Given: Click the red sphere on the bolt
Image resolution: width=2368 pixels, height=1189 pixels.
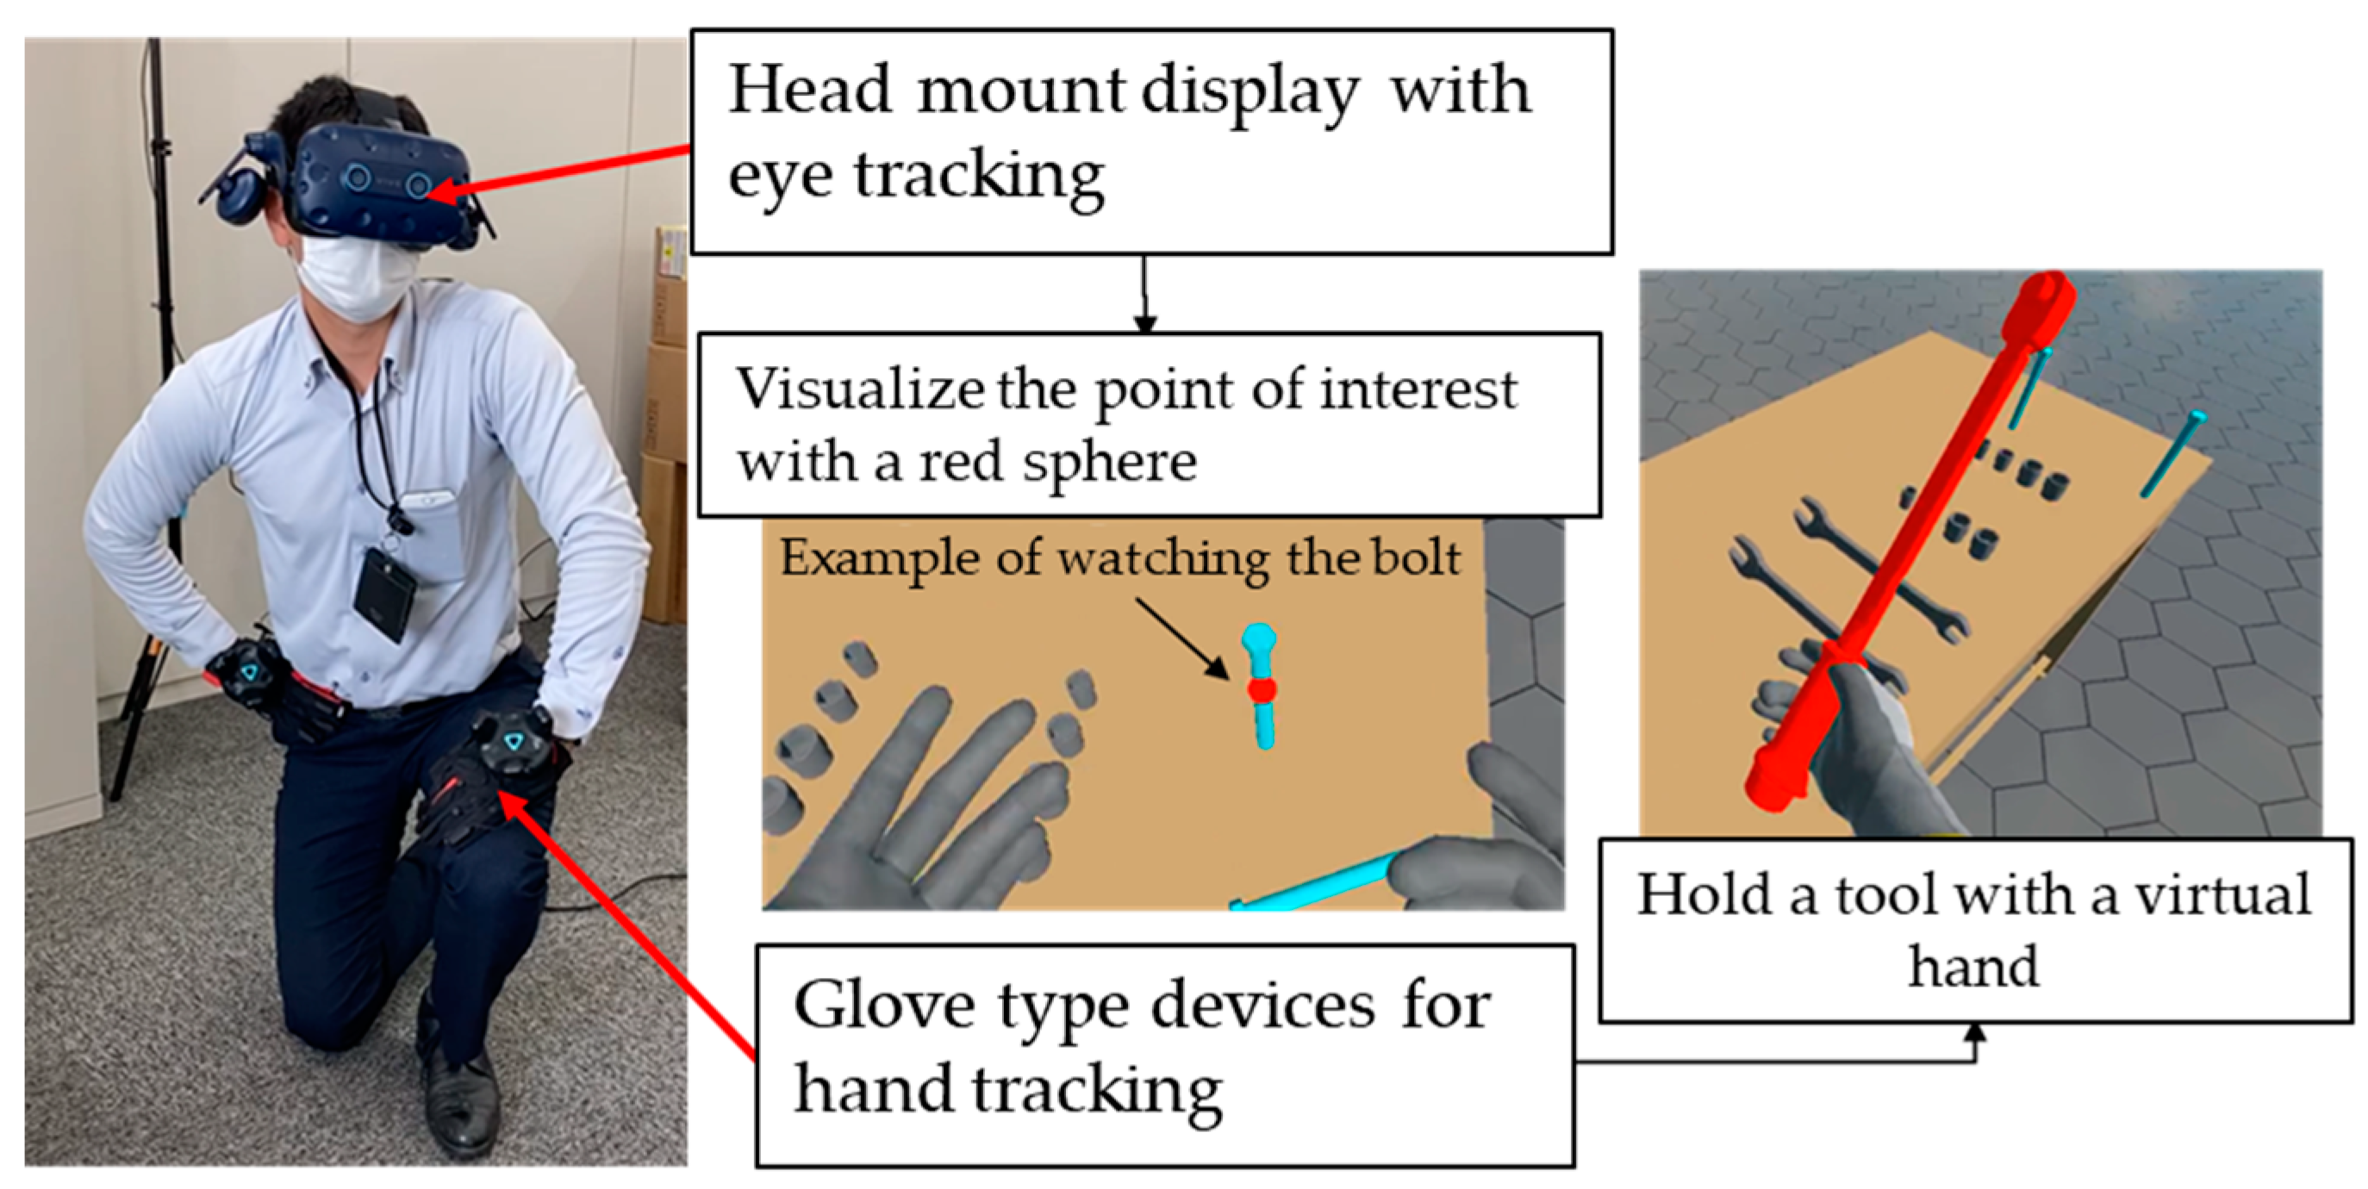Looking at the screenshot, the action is click(x=1262, y=689).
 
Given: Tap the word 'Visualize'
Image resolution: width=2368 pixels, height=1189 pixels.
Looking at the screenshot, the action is click(x=859, y=390).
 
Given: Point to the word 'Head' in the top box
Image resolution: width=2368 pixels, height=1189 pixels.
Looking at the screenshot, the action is click(x=809, y=92).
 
